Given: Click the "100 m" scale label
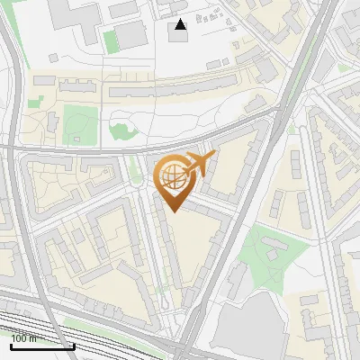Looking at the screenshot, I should tap(25, 338).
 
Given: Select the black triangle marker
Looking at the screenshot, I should tap(181, 24).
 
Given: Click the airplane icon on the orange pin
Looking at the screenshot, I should tap(200, 165).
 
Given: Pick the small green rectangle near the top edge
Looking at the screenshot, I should tap(111, 41).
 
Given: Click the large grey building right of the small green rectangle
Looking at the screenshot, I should tap(130, 35).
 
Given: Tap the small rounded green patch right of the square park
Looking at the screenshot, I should tap(121, 130).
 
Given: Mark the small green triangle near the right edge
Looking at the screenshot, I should tap(345, 67).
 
